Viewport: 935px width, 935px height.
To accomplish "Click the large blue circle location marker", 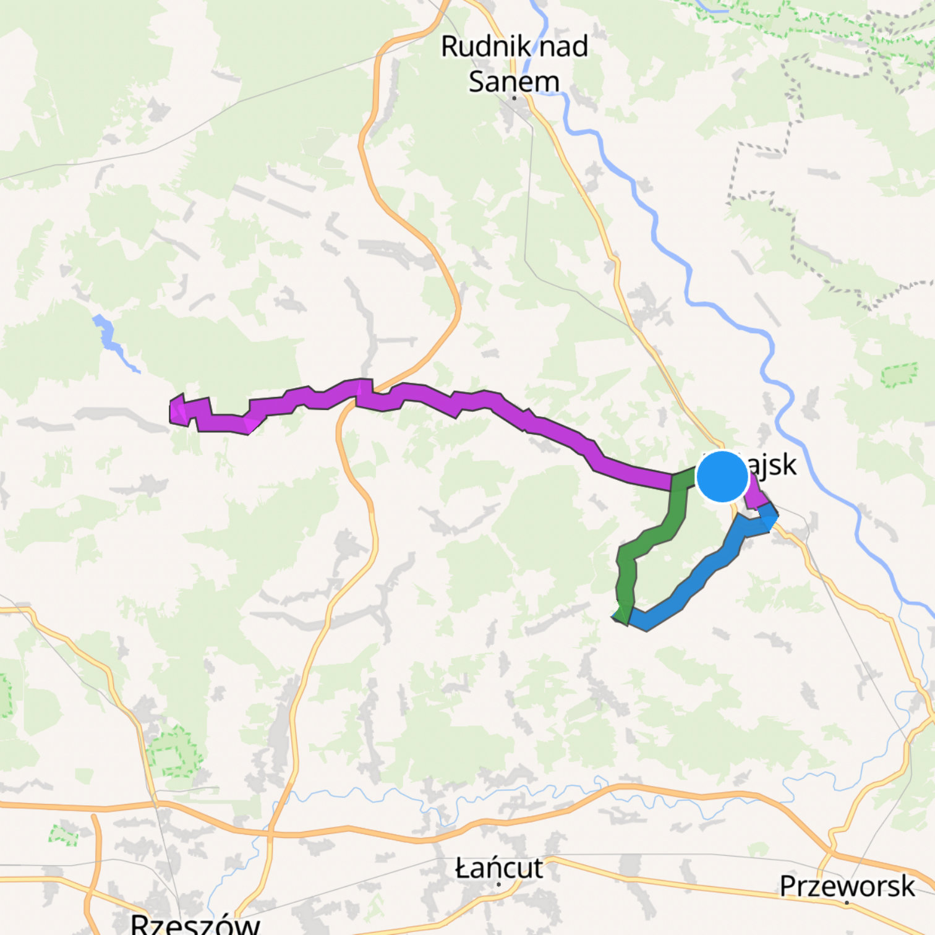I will tap(722, 477).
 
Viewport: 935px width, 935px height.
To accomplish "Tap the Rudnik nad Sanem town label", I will tap(514, 64).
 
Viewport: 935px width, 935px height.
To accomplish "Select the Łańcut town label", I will tap(499, 869).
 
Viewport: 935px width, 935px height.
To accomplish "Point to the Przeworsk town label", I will tap(847, 886).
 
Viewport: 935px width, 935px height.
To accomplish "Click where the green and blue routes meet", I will tap(626, 616).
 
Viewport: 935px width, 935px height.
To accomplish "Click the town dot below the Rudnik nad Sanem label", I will tap(514, 98).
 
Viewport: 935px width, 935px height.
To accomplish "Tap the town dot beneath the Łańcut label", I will tap(499, 884).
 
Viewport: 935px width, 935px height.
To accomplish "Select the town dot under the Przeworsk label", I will tap(847, 902).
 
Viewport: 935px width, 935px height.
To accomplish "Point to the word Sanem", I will tap(514, 82).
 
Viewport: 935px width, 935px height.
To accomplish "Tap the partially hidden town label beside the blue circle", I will tap(773, 465).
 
